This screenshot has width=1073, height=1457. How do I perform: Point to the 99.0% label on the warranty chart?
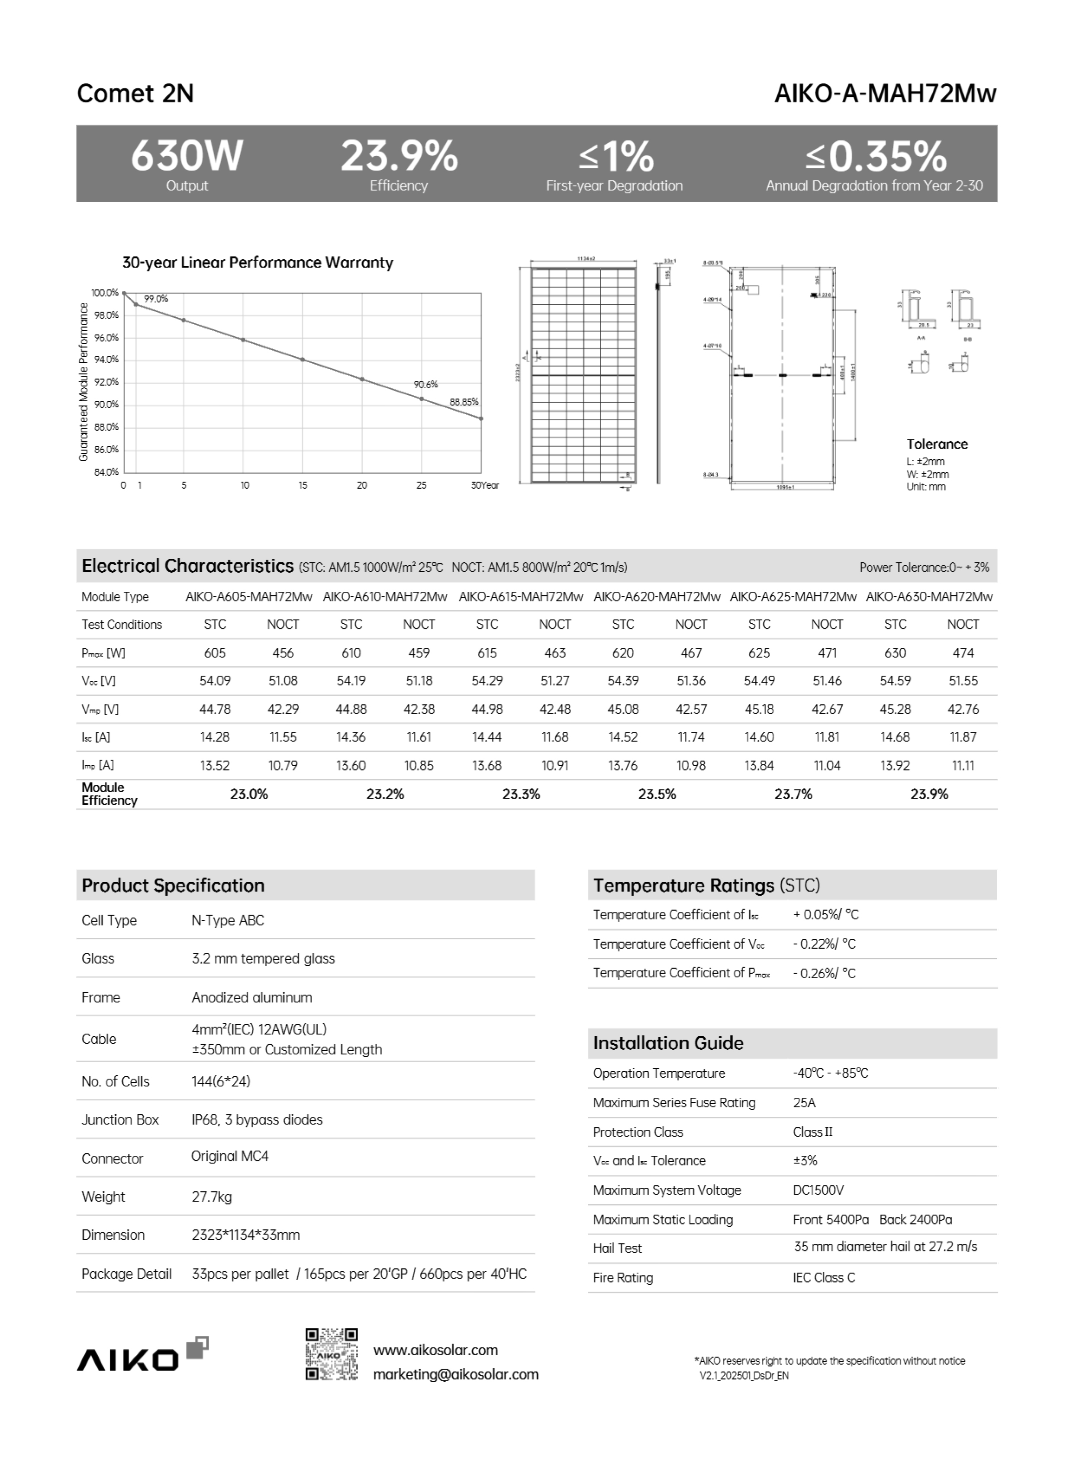[x=156, y=299]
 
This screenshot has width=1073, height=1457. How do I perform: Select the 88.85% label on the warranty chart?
[x=464, y=402]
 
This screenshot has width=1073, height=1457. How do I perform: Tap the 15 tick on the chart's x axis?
[x=303, y=485]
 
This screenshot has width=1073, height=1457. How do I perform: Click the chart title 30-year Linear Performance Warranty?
[x=258, y=262]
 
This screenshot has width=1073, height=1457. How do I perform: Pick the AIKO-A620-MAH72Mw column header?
[x=657, y=596]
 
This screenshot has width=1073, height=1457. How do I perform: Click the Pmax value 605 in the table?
[x=215, y=653]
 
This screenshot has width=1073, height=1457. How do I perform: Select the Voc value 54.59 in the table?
[x=895, y=681]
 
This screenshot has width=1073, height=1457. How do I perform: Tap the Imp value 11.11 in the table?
[x=963, y=765]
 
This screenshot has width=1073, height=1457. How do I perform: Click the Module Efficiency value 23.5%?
[x=657, y=794]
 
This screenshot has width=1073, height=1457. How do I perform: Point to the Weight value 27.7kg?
[x=212, y=1196]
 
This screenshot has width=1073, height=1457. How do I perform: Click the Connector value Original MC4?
[x=229, y=1156]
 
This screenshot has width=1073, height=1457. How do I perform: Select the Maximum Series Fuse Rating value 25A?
[x=804, y=1102]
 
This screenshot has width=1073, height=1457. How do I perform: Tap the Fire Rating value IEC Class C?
[x=824, y=1278]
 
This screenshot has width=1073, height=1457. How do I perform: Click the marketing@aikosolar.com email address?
[x=455, y=1374]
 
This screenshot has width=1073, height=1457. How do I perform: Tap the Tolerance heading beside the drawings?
[x=937, y=444]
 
